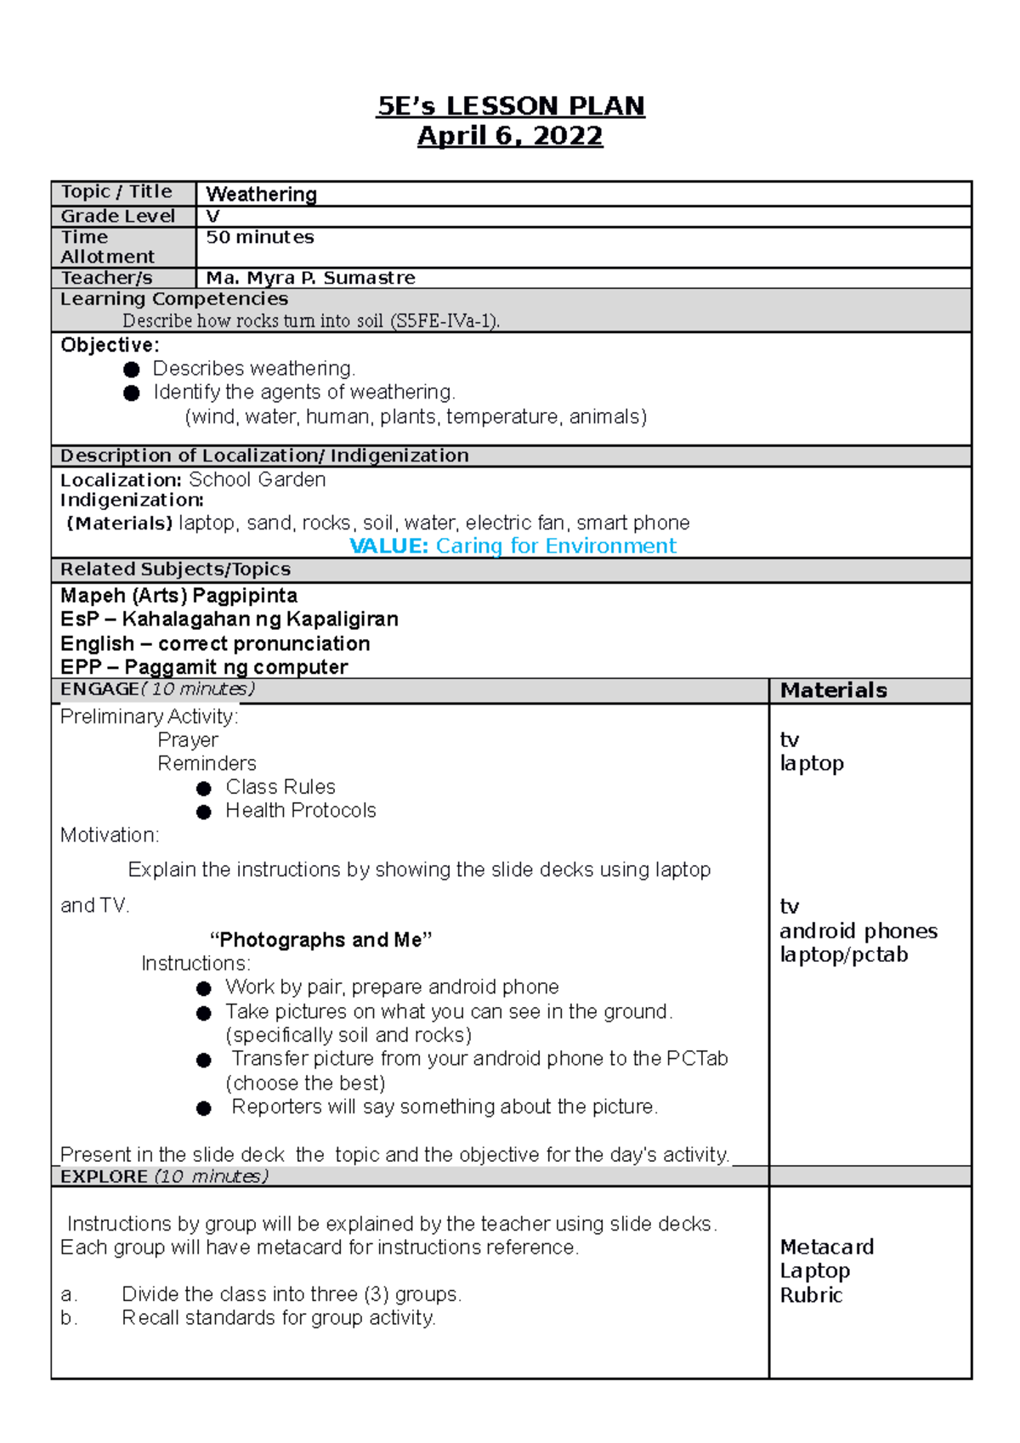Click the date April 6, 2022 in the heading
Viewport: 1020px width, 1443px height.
[x=510, y=136]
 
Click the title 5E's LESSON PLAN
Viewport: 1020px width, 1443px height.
[x=510, y=106]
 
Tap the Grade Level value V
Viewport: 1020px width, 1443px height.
[x=212, y=217]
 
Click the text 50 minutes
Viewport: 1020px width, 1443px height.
[x=260, y=237]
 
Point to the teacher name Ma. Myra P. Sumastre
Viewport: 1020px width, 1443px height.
[x=310, y=278]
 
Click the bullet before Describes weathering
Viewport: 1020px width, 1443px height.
[x=132, y=370]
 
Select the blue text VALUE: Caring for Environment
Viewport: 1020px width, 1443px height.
[x=513, y=546]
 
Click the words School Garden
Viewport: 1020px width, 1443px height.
[x=257, y=480]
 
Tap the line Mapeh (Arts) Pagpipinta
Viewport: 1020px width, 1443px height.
[x=178, y=596]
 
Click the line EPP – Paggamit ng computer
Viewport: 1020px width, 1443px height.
[x=204, y=667]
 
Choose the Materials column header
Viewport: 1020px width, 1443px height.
[x=833, y=690]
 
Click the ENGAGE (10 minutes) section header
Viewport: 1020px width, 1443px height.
[x=157, y=689]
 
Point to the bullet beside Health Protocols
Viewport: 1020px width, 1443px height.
[x=204, y=812]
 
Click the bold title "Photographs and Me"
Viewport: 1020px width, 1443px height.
[x=320, y=940]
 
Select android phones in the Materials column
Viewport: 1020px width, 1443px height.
[x=858, y=931]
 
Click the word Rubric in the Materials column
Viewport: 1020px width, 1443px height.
[x=811, y=1295]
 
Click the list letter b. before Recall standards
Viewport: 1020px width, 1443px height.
[x=69, y=1318]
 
